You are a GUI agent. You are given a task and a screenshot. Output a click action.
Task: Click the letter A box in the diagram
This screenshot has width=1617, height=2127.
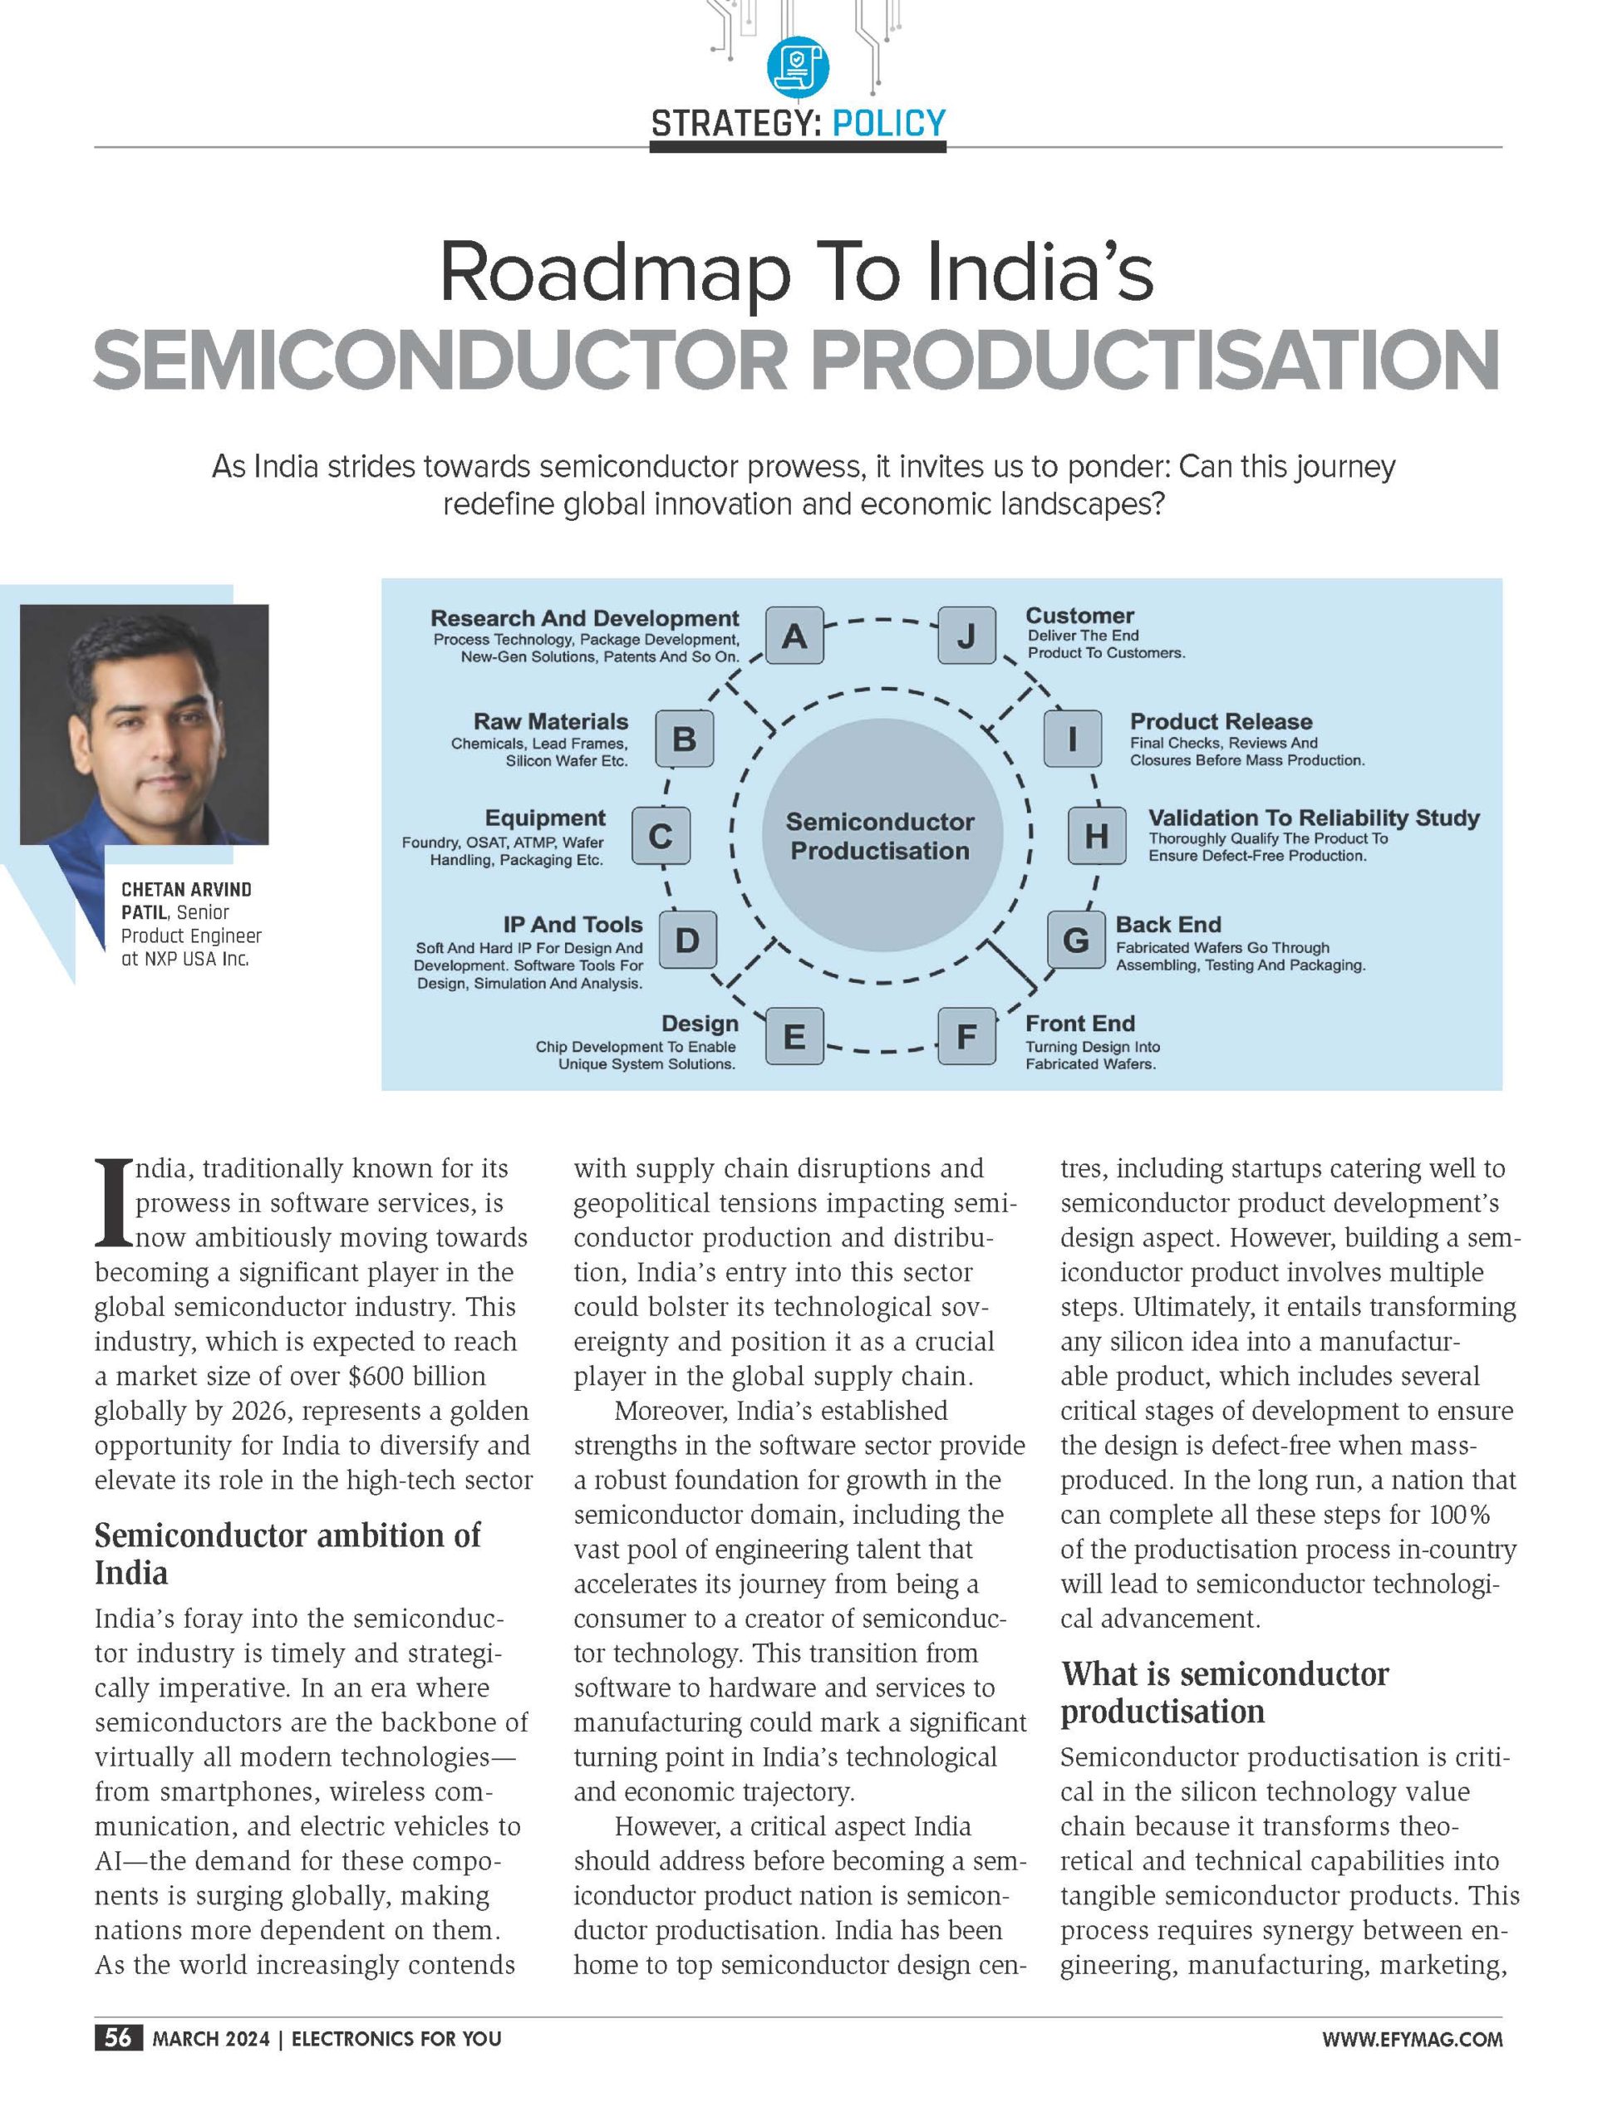(794, 636)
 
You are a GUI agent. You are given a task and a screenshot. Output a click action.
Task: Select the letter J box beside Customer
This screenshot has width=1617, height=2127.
(966, 636)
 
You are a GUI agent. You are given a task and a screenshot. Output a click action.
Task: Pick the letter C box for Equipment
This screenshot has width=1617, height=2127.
(661, 835)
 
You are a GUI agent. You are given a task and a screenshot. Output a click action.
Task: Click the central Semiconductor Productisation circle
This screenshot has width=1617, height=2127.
(880, 835)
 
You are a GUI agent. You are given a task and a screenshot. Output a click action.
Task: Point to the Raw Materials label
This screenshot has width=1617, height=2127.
(551, 722)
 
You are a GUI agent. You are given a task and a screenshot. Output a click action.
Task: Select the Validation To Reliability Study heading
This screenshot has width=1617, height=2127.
(1313, 818)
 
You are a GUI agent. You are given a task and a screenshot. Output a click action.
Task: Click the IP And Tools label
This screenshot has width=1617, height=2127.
(573, 924)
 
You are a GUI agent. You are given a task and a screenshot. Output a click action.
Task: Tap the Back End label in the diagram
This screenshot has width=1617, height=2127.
(1167, 924)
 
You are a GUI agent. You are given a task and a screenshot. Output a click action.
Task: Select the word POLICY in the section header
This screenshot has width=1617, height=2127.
(888, 123)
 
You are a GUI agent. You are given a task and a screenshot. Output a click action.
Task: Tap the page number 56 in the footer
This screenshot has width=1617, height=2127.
(118, 2037)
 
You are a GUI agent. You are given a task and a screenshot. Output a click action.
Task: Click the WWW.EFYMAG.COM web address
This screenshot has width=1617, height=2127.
(1411, 2038)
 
